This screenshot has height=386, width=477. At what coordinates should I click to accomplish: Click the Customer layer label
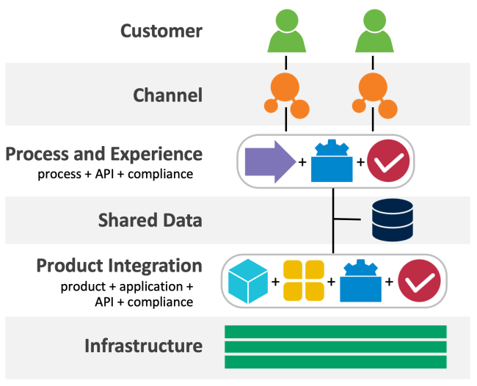pyautogui.click(x=161, y=31)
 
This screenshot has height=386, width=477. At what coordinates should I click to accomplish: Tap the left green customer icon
pyautogui.click(x=286, y=31)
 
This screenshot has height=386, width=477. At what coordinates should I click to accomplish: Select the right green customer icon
pyautogui.click(x=374, y=31)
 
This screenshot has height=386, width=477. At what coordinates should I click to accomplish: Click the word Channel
pyautogui.click(x=167, y=95)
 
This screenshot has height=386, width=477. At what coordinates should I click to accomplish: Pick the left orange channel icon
pyautogui.click(x=286, y=95)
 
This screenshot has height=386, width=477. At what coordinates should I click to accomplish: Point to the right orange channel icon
pyautogui.click(x=374, y=95)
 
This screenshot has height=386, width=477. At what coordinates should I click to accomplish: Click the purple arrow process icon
pyautogui.click(x=270, y=162)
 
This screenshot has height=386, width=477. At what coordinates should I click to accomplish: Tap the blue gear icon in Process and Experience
pyautogui.click(x=332, y=161)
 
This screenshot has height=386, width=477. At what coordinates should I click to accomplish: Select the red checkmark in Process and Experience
pyautogui.click(x=388, y=161)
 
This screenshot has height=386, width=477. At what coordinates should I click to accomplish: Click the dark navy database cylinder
pyautogui.click(x=393, y=220)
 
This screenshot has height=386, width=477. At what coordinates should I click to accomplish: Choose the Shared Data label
pyautogui.click(x=150, y=220)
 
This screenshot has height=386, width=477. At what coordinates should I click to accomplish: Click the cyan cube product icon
pyautogui.click(x=248, y=281)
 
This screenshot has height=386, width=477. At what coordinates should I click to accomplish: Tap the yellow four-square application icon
pyautogui.click(x=304, y=280)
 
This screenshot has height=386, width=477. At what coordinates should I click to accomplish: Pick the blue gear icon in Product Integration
pyautogui.click(x=360, y=280)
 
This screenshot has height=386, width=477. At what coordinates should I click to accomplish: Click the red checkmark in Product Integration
pyautogui.click(x=419, y=280)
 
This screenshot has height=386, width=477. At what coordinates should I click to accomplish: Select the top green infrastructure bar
pyautogui.click(x=335, y=332)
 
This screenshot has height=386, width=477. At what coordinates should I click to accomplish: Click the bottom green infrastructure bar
pyautogui.click(x=335, y=362)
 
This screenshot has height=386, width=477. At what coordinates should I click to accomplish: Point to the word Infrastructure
pyautogui.click(x=144, y=346)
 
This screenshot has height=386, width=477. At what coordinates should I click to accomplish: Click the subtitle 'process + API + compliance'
pyautogui.click(x=115, y=175)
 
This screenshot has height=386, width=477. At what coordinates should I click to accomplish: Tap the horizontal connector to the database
pyautogui.click(x=347, y=219)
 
